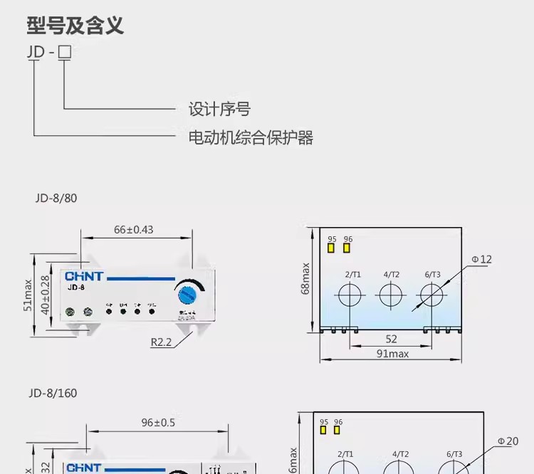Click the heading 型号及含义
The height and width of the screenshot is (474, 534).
click(75, 26)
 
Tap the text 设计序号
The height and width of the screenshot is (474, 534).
click(219, 110)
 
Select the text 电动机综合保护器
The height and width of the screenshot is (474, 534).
click(251, 137)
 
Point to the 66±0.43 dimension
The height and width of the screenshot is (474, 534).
click(134, 230)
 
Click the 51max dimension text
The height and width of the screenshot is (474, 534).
click(28, 294)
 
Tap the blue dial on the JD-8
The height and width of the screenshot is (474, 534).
click(189, 293)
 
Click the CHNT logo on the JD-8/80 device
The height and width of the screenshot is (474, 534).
click(85, 276)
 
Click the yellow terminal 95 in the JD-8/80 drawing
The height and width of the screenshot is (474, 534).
click(331, 248)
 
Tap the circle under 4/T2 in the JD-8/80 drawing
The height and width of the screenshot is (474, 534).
click(391, 294)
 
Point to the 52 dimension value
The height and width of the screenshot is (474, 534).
click(391, 339)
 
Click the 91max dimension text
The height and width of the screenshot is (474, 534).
click(392, 354)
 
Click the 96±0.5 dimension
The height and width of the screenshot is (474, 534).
click(158, 423)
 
